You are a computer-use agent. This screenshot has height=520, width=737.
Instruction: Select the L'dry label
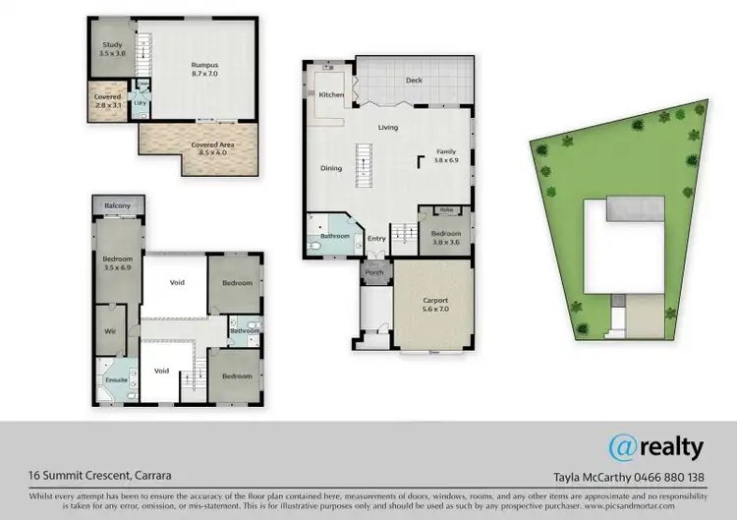coord(140,101)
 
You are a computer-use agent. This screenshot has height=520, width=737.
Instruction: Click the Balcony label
coord(118,205)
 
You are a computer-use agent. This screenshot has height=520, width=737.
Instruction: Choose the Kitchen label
coord(331,93)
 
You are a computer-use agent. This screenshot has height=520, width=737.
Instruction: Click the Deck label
coord(413,81)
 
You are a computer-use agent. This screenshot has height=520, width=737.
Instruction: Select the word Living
coord(388,128)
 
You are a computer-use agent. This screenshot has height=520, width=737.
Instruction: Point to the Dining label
coord(331,168)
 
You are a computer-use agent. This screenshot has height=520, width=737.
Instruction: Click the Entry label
coord(376,237)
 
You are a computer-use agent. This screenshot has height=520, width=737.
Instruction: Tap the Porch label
coord(374,272)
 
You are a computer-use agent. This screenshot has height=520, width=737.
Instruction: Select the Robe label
coord(446,209)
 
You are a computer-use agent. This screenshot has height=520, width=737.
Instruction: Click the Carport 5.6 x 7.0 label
coord(434,304)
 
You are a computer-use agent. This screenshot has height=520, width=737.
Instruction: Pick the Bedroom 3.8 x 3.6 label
coord(446,236)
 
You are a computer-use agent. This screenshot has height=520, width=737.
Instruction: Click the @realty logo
coord(655,447)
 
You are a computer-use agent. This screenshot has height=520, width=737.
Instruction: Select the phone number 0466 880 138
coord(664,478)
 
